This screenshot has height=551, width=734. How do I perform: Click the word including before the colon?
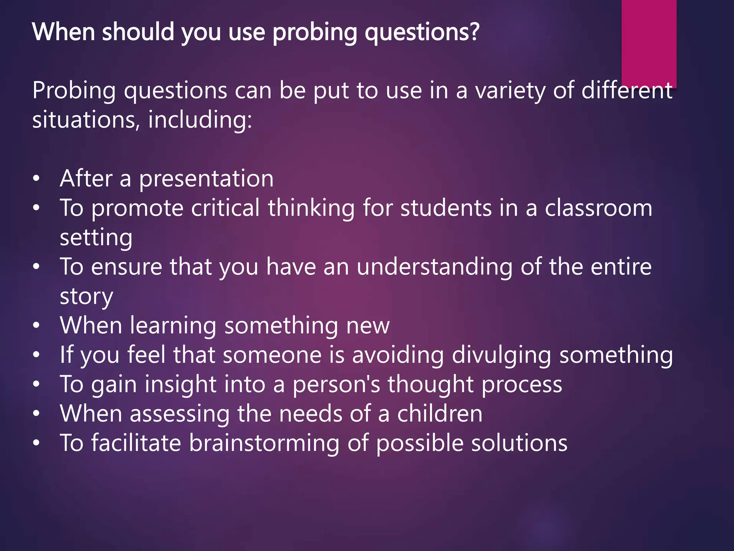[200, 120]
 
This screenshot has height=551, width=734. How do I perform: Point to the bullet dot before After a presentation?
[36, 178]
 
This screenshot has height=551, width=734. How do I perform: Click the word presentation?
[206, 179]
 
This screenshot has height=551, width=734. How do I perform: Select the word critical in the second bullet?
[225, 208]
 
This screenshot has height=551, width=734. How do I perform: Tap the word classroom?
[599, 208]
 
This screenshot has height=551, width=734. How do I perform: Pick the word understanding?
[435, 267]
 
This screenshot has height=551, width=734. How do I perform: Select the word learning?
[173, 326]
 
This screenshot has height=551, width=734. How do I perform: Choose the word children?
[440, 414]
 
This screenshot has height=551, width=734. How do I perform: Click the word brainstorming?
[264, 443]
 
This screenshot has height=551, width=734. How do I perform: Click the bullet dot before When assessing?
[36, 414]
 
